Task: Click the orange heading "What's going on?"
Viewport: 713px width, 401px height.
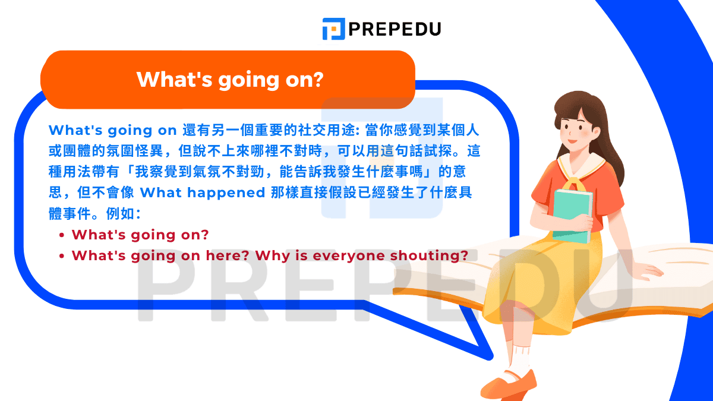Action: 230,79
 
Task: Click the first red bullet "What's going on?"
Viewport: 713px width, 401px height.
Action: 140,235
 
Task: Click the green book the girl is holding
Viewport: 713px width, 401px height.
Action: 571,214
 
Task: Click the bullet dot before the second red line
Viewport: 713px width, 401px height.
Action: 62,256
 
